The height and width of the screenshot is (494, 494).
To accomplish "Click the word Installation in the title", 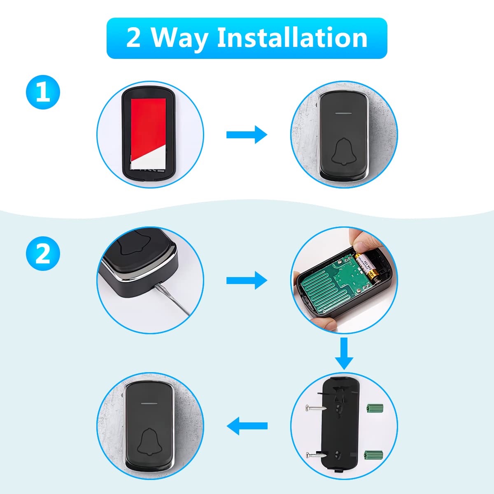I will (x=292, y=38).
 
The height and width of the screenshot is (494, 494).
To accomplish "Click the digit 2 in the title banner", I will (x=133, y=38).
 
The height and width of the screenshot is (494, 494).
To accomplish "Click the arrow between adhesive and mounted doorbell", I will (x=247, y=135).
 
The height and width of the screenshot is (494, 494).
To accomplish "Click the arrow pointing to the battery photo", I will (x=247, y=280).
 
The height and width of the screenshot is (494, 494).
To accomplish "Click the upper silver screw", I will (x=315, y=408).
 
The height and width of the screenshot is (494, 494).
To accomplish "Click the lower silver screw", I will (x=315, y=454).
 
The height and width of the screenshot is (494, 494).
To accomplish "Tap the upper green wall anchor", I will (x=374, y=408).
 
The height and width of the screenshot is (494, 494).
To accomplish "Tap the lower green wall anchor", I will (x=374, y=454).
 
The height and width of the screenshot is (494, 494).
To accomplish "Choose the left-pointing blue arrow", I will (x=247, y=426).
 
